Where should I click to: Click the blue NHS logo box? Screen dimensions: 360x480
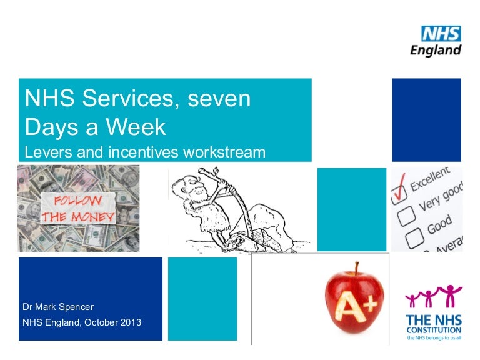pos(441,34)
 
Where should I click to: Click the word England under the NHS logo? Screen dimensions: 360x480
pos(436,50)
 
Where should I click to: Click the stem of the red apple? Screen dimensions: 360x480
pos(357,269)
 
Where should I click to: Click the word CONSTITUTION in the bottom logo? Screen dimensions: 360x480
pos(434,329)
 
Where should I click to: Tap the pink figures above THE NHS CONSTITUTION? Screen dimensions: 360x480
pos(433,297)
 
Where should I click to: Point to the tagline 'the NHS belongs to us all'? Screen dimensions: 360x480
pos(434,338)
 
